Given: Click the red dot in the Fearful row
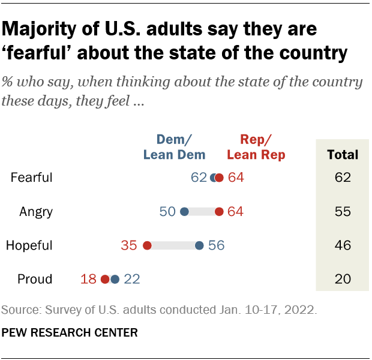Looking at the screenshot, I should (220, 178).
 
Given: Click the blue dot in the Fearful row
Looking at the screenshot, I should (214, 178).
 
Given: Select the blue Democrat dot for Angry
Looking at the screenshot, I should (185, 211).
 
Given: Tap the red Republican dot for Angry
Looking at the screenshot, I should (220, 211).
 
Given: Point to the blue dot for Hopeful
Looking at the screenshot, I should (199, 245).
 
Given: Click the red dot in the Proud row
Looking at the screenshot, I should (106, 278).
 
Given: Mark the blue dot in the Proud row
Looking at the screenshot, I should (115, 278).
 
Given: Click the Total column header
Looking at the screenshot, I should (342, 154).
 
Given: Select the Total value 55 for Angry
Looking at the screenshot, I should (342, 211).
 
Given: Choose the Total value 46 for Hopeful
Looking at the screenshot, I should (342, 245).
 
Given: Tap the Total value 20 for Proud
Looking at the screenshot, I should (342, 278).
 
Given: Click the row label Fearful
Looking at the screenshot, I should (32, 178).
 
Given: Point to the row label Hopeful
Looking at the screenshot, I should (29, 245).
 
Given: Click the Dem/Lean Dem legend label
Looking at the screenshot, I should (174, 147).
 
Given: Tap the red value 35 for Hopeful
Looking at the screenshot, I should (130, 245).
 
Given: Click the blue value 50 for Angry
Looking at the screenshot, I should (167, 211).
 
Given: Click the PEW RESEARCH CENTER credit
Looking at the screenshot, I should (70, 331).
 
